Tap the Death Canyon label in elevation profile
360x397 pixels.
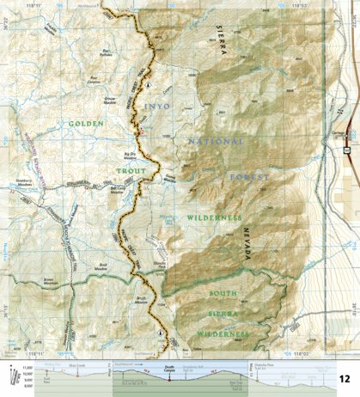click(170, 369)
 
